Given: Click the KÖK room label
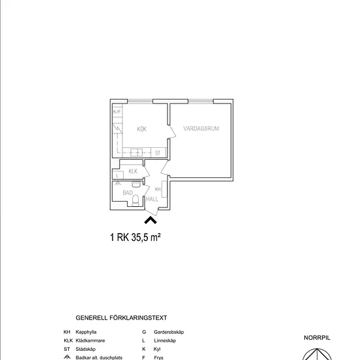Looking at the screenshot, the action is click(x=141, y=129).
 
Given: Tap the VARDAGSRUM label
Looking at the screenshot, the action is click(x=201, y=128).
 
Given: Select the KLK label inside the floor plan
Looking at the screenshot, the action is click(x=133, y=171).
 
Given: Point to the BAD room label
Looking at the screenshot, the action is click(x=128, y=192).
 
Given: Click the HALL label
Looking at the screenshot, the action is click(x=152, y=199).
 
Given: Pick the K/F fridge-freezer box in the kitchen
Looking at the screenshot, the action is click(x=117, y=111).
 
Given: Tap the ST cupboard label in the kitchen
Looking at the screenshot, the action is click(x=158, y=153).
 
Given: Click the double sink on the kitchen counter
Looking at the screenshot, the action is click(x=136, y=153).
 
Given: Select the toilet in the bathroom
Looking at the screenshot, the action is click(x=135, y=200).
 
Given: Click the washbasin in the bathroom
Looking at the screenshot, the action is click(x=136, y=185).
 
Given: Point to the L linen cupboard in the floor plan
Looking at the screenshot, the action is click(x=118, y=175).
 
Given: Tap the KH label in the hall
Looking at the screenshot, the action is click(x=158, y=189).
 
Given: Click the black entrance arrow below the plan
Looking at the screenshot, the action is click(x=151, y=220).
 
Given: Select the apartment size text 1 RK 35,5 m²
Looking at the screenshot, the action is click(x=135, y=237).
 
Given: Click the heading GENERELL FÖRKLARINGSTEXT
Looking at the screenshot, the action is click(x=121, y=317).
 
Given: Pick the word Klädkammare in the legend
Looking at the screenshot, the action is click(x=90, y=340).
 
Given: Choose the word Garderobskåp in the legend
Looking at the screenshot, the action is click(x=169, y=332).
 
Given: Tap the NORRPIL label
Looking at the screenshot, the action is click(x=317, y=338).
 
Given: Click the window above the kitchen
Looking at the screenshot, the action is click(x=140, y=101).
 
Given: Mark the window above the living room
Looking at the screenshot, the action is click(x=201, y=101).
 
